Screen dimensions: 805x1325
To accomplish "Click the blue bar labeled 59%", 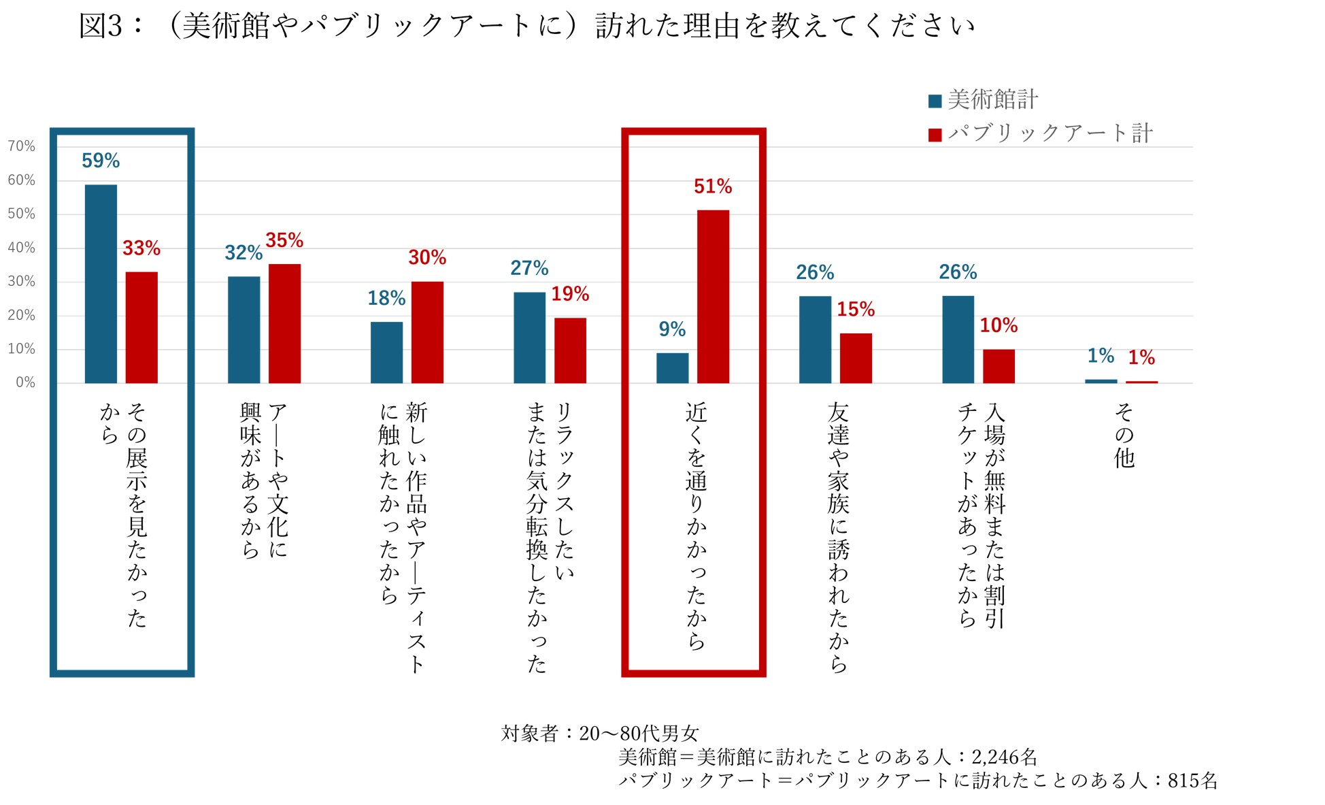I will [x=101, y=284].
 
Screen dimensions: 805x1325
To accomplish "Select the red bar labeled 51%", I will [x=713, y=297].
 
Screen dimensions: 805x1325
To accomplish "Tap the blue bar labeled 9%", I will [x=672, y=367].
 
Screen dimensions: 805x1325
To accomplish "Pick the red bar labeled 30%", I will [x=427, y=332].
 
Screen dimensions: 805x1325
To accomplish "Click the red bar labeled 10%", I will [x=999, y=366].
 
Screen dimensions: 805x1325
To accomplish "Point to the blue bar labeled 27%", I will [x=529, y=338].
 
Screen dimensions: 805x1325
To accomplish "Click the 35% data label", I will [x=284, y=240].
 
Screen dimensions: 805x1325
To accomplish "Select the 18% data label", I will [x=386, y=298].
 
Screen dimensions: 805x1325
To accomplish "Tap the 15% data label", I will [x=856, y=310].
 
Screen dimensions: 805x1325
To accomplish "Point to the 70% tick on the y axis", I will [x=22, y=146].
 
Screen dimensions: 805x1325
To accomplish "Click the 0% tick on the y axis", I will [x=25, y=382].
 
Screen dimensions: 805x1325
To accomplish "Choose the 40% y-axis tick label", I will [x=22, y=248].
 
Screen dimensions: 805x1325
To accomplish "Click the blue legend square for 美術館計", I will [x=935, y=101].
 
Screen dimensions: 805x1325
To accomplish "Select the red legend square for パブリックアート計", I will [x=935, y=135].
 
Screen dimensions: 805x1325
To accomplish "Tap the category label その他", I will [x=1124, y=436].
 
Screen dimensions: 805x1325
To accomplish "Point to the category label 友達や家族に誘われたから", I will [x=838, y=538].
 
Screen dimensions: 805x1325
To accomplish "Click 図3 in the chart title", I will [x=101, y=26].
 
